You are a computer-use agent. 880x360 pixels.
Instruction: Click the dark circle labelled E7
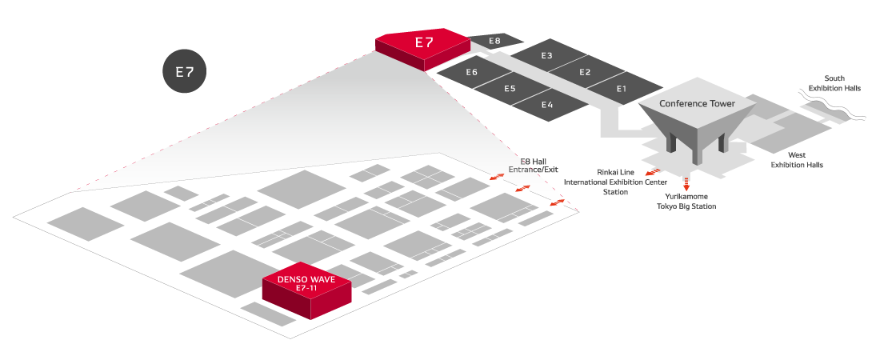click(x=185, y=71)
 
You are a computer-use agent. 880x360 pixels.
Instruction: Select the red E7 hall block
click(x=423, y=44)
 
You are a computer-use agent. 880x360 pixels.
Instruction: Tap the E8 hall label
click(x=494, y=41)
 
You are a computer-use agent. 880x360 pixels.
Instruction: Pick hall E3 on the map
click(x=546, y=56)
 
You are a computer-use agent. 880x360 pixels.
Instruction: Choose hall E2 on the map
click(x=585, y=73)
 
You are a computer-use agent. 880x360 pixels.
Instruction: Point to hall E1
click(x=622, y=89)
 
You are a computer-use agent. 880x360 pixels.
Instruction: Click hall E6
click(x=472, y=73)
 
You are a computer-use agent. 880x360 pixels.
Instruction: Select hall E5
click(x=510, y=88)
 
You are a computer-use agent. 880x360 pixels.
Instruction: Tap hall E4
click(x=547, y=105)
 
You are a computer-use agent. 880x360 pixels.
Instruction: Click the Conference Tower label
click(x=697, y=104)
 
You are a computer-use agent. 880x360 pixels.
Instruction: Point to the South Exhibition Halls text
click(x=834, y=83)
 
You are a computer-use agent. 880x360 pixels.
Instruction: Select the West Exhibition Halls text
click(x=796, y=159)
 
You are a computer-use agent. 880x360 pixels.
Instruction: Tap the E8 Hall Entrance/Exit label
click(x=533, y=165)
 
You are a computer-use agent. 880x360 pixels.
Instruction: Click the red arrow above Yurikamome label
click(x=686, y=183)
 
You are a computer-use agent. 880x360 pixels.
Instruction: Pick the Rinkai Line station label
click(x=615, y=182)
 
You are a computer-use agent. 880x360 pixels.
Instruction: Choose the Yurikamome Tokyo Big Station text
click(x=686, y=201)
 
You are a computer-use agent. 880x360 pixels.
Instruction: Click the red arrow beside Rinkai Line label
click(x=653, y=172)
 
